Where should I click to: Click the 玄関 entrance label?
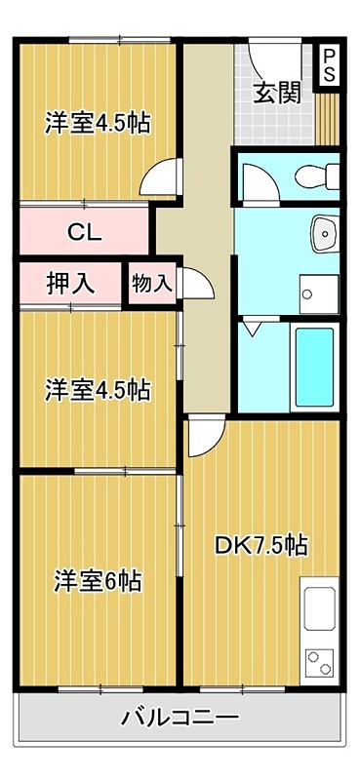276,94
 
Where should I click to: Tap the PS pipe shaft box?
329,65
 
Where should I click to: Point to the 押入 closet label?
70,283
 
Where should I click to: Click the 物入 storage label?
151,283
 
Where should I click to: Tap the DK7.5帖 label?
261,544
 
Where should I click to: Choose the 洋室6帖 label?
97,581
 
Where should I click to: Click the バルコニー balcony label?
180,719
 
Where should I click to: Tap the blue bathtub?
314,368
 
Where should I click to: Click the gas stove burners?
320,664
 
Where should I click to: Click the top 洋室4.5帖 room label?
97,124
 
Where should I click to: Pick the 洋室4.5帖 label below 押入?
97,390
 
